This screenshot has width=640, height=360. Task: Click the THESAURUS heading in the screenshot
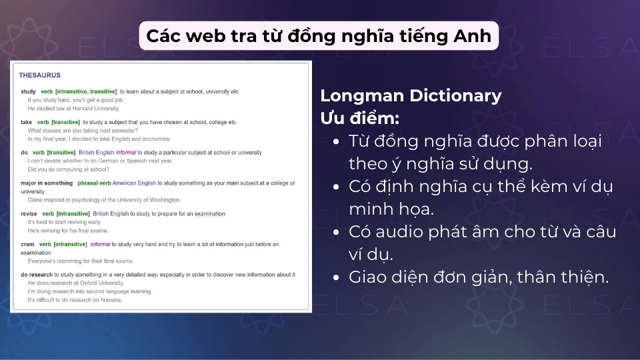click(x=39, y=75)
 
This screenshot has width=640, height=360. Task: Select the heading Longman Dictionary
click(x=411, y=95)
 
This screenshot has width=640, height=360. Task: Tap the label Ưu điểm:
click(x=360, y=118)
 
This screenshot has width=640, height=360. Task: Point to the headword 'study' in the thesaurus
click(x=28, y=91)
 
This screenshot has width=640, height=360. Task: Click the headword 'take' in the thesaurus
click(x=27, y=123)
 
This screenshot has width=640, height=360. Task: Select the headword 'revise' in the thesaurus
click(x=29, y=214)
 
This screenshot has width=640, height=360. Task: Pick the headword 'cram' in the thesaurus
click(x=27, y=245)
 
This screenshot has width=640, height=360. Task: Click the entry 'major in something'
click(x=47, y=183)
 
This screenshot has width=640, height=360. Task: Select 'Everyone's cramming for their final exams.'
click(x=80, y=261)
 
